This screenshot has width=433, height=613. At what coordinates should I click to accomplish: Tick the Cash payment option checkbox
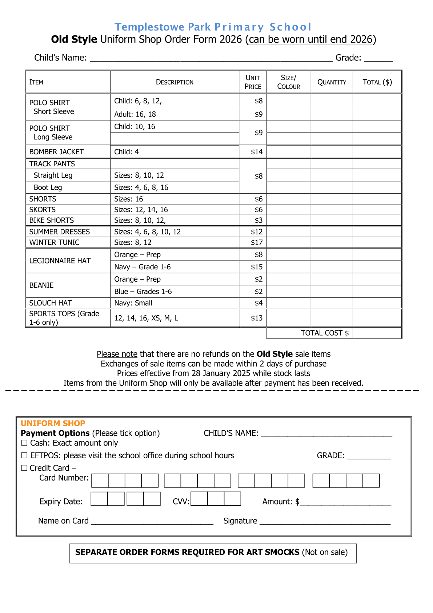click(x=24, y=443)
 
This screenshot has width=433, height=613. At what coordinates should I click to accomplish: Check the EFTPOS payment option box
click(x=24, y=455)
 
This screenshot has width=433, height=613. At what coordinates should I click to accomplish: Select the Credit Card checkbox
click(x=24, y=468)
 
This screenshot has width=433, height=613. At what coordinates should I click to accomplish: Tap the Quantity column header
click(x=332, y=82)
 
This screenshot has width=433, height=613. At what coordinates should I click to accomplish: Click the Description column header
click(x=175, y=82)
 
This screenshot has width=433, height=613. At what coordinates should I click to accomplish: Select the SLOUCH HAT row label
click(x=51, y=303)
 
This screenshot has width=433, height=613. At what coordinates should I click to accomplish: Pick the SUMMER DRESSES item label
click(x=59, y=232)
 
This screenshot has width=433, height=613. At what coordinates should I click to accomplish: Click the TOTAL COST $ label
click(x=324, y=333)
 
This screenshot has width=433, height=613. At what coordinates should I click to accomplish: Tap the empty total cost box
click(x=377, y=333)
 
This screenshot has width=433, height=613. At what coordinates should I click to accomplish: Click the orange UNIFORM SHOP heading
click(x=53, y=423)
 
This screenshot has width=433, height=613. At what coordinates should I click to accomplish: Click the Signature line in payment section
click(x=325, y=522)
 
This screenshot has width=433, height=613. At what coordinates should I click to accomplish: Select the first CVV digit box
click(x=199, y=499)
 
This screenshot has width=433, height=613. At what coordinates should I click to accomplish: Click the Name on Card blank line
click(x=152, y=522)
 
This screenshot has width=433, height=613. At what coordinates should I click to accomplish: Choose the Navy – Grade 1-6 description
click(x=142, y=267)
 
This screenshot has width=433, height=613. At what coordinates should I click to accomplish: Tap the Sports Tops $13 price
click(x=256, y=318)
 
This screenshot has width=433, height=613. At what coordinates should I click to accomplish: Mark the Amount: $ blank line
click(x=345, y=503)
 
